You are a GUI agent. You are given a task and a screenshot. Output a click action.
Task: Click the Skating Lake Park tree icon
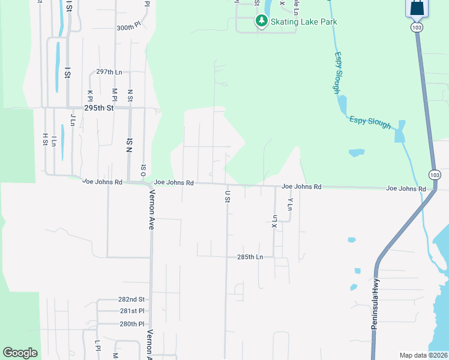[x=262, y=22]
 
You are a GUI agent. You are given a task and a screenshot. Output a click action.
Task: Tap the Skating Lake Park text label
[x=304, y=22]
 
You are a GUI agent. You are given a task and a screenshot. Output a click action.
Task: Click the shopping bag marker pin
[x=417, y=8]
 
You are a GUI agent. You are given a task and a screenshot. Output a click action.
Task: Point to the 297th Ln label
[x=109, y=72]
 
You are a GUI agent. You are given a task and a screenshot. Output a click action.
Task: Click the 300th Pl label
[x=128, y=28]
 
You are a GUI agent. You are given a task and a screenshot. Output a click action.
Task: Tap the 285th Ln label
[x=250, y=257]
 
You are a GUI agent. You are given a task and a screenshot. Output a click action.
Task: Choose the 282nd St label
[x=131, y=299]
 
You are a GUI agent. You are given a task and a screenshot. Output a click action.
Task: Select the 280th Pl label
[x=131, y=323]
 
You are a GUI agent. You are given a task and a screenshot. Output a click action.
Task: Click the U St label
[x=228, y=196]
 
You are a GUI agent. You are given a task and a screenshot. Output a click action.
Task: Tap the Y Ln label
[x=290, y=204]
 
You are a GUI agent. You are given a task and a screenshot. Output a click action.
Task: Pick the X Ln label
[x=274, y=221]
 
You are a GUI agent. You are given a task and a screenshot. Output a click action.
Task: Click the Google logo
[x=20, y=353]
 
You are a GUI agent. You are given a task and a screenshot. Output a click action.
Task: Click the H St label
[x=44, y=139]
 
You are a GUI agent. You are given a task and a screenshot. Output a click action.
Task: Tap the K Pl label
[x=90, y=96]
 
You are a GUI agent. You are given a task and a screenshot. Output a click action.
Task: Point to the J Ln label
[x=73, y=119]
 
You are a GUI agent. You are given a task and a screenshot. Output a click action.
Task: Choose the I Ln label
[x=54, y=142]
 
